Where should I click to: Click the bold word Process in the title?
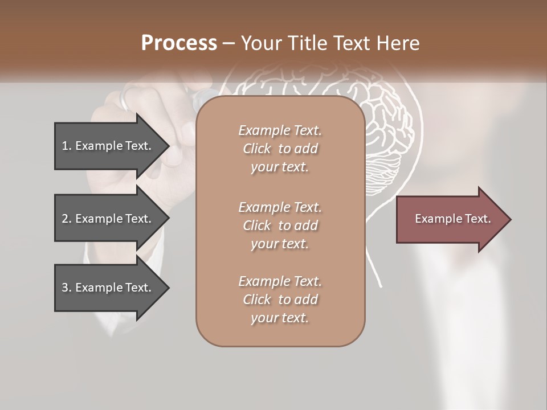click(x=179, y=43)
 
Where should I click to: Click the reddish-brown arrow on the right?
click(x=450, y=219)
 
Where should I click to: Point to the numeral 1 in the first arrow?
click(x=64, y=146)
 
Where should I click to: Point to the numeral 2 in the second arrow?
click(x=65, y=219)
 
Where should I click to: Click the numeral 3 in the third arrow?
click(x=65, y=288)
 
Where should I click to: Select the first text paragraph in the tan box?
click(x=280, y=149)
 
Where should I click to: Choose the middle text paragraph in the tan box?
click(x=280, y=225)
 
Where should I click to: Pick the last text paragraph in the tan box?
click(x=280, y=300)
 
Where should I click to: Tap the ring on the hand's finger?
click(x=125, y=100)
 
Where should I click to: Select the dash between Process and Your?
click(x=228, y=43)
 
